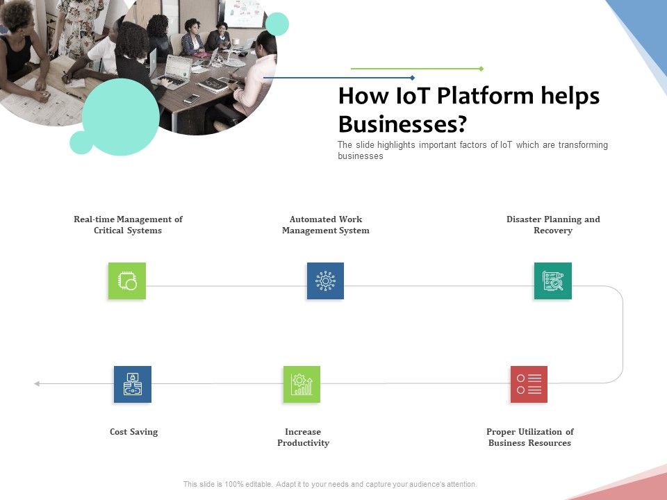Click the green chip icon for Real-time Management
(127, 281)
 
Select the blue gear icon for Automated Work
(325, 281)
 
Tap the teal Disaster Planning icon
(553, 281)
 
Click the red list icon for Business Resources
(529, 384)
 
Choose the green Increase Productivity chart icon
(302, 384)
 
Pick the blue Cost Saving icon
(133, 384)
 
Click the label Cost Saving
(133, 432)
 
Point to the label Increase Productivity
(303, 437)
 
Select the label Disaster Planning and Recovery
(553, 225)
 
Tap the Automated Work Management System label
(325, 225)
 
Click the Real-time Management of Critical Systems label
(128, 225)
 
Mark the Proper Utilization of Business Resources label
(529, 437)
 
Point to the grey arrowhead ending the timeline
(37, 383)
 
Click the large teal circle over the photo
(121, 117)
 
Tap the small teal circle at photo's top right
(277, 24)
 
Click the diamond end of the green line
(481, 69)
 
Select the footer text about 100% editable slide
(330, 484)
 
